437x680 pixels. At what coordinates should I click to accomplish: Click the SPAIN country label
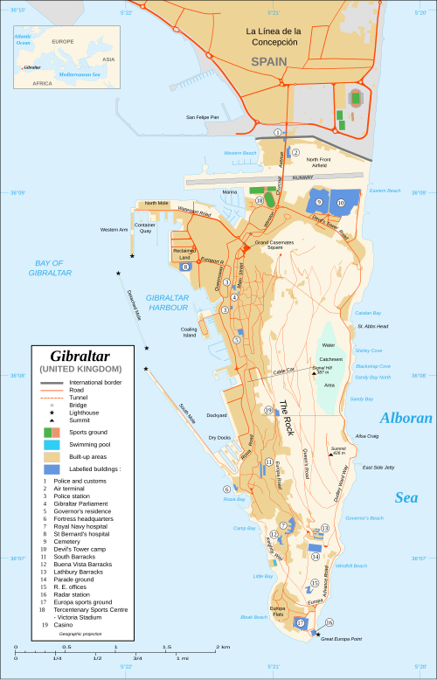[x=268, y=62]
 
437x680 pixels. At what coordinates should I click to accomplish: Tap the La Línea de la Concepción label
[x=273, y=37]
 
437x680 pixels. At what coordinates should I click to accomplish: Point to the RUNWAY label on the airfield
[x=302, y=177]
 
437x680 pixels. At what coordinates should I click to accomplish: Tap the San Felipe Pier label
[x=202, y=116]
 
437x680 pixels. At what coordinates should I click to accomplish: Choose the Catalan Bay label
[x=367, y=312]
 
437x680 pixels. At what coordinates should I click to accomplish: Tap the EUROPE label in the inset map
[x=62, y=41]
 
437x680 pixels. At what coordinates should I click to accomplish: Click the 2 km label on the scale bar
[x=224, y=648]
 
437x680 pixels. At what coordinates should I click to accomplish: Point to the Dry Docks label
[x=218, y=437]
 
